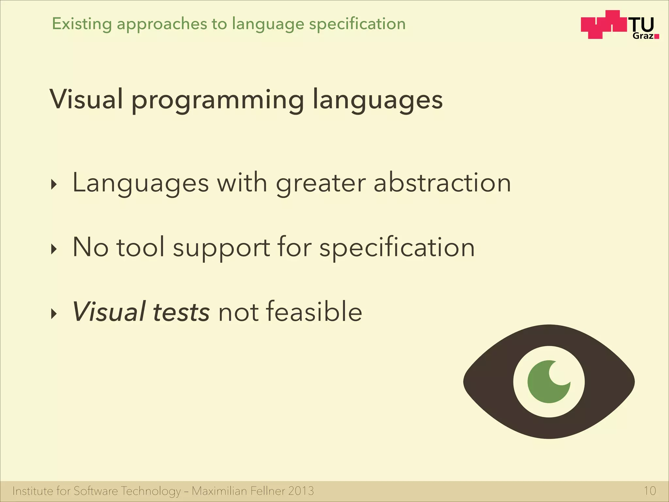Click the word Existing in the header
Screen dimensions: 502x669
(x=82, y=24)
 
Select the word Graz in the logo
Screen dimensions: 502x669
(x=643, y=36)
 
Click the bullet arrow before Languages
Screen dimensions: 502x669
(x=54, y=185)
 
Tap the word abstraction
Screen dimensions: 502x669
(x=442, y=183)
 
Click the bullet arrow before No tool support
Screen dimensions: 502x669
(x=54, y=250)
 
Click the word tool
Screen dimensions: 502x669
(x=140, y=247)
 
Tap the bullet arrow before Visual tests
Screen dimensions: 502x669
(x=54, y=314)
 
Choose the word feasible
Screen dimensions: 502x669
(x=314, y=311)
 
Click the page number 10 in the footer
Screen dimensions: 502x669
(x=649, y=491)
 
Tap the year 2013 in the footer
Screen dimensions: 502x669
(x=301, y=491)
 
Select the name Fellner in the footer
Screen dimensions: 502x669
(x=268, y=491)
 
